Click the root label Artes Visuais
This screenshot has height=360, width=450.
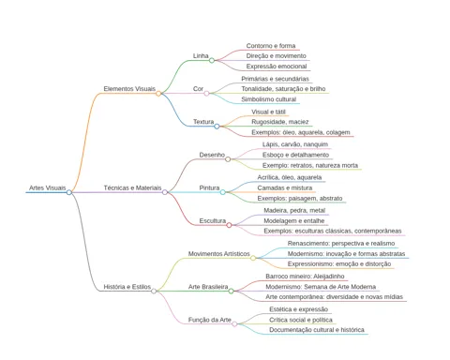48,187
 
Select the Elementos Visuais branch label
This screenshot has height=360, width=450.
129,89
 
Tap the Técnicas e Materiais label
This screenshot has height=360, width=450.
132,187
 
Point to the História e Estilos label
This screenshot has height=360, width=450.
127,287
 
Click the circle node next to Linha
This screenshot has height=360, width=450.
212,60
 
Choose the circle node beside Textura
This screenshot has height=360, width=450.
217,127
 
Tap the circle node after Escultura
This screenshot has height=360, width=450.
229,225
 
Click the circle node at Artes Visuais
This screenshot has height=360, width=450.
69,192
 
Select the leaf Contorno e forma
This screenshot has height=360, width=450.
271,46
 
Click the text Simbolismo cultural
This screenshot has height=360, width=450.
268,99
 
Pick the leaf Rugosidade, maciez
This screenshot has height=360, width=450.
280,122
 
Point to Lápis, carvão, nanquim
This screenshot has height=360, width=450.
295,144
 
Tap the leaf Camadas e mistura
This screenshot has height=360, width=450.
285,187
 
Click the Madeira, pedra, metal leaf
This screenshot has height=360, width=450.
294,211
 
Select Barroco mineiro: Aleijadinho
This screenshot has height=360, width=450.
305,277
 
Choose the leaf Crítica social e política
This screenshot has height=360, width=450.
301,320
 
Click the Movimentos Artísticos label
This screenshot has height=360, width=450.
218,254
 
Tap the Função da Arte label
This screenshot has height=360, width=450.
209,320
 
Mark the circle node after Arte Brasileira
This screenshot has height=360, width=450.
231,292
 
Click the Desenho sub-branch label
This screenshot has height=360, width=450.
212,155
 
